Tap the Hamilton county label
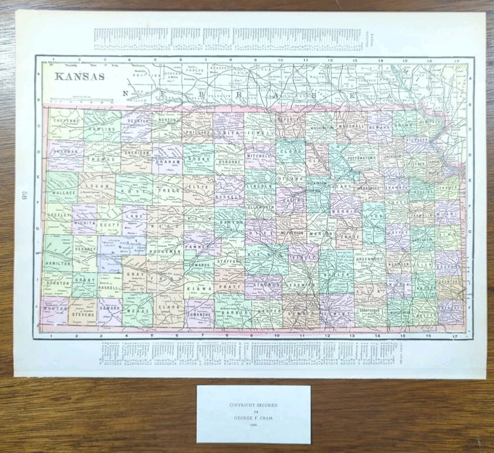(58, 263)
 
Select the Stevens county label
(83, 314)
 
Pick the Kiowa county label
(199, 289)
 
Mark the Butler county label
(335, 275)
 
